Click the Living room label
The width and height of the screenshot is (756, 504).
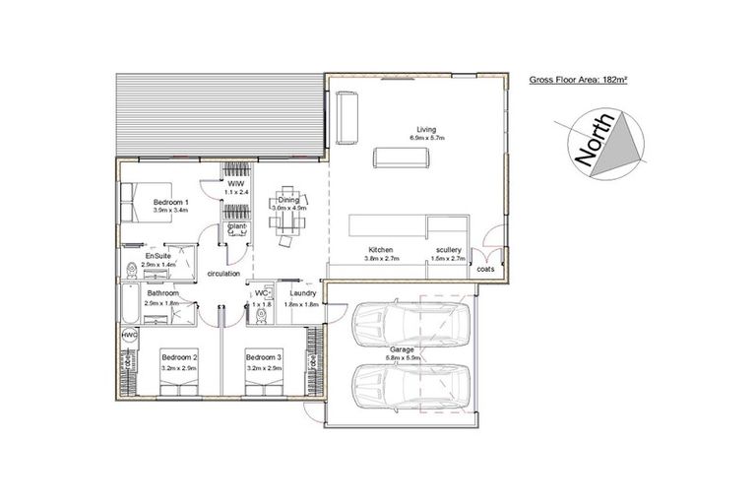point(426,129)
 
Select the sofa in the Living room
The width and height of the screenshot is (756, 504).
point(346,117)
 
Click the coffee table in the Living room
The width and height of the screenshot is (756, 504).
point(401,159)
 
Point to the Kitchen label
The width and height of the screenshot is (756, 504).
point(381,250)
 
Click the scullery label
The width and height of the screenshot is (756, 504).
point(448,250)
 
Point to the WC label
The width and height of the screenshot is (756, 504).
point(262,292)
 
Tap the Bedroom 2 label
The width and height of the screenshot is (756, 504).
point(180,356)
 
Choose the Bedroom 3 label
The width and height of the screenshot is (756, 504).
point(264,356)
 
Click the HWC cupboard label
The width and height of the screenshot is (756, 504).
point(129,336)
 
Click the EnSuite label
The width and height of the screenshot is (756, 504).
point(158,256)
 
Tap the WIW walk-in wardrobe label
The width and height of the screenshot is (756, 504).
point(235,184)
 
